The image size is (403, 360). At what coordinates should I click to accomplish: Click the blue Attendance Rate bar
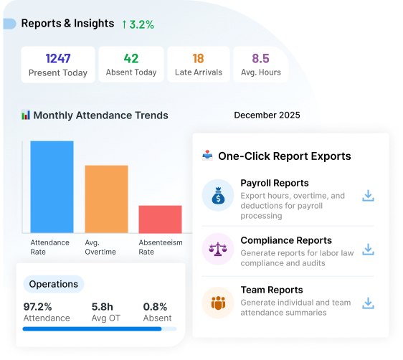(x=52, y=186)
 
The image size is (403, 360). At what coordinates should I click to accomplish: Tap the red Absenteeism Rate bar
(x=160, y=219)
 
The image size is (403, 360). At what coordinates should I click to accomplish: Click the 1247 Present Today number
(x=58, y=59)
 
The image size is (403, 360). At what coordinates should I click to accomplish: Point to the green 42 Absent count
(x=131, y=59)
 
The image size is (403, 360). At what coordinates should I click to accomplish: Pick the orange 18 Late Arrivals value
(x=199, y=59)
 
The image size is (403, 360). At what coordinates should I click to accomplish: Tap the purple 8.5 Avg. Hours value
(x=260, y=59)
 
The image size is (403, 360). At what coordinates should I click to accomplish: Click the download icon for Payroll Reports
(x=368, y=196)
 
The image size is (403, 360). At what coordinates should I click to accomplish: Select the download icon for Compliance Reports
(x=368, y=250)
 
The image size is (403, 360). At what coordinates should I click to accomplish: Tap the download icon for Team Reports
(x=368, y=303)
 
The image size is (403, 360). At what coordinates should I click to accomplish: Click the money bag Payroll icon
(x=217, y=195)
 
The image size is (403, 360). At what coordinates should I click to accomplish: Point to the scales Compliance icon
(x=217, y=249)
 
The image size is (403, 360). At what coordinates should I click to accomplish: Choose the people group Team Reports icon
(x=217, y=303)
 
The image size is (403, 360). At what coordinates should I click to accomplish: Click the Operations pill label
(x=54, y=284)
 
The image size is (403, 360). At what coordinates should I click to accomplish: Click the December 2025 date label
(x=267, y=115)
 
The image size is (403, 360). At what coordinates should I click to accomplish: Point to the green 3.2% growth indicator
(x=138, y=24)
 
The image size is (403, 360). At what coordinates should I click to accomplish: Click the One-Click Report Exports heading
(x=284, y=156)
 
